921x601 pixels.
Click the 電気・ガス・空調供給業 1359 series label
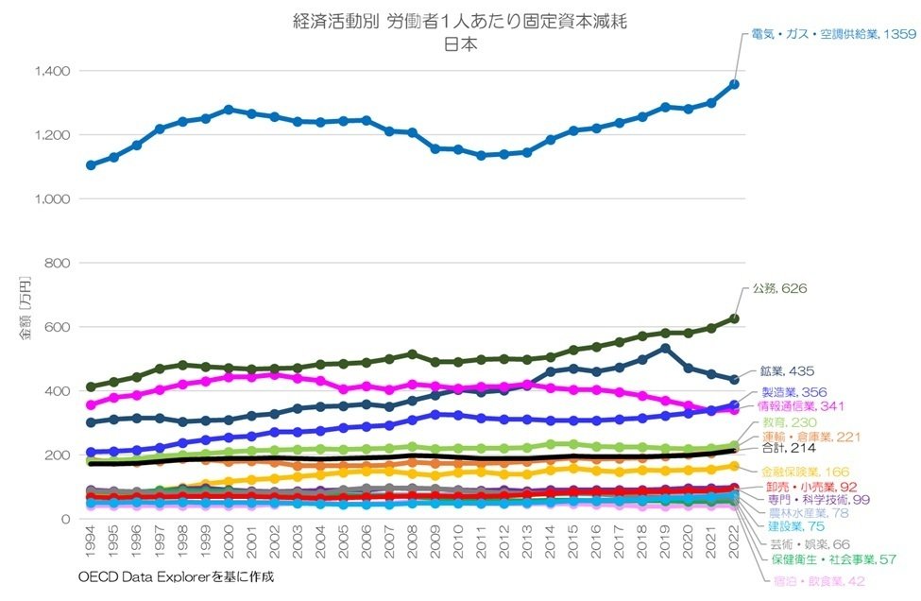point(830,34)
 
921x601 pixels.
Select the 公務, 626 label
point(779,288)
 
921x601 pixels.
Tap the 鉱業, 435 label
point(786,371)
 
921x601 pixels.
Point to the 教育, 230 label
point(785,423)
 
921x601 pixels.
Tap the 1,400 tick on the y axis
point(52,72)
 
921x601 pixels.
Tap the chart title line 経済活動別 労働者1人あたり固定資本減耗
point(459,22)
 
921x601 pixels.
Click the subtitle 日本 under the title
point(460,43)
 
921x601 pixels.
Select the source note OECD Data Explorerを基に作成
point(177,575)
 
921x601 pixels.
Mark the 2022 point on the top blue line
point(734,84)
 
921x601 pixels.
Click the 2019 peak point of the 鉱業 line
point(665,349)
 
